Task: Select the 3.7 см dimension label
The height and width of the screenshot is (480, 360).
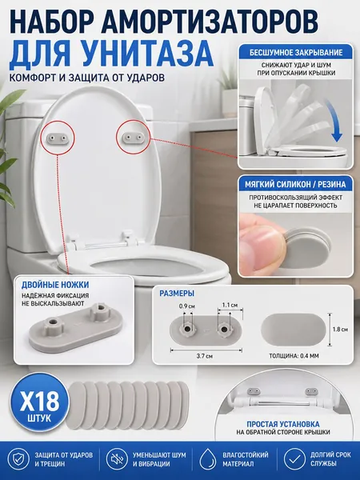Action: click(205, 356)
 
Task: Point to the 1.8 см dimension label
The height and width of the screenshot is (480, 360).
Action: click(340, 330)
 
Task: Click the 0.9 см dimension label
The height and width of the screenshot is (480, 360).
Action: click(187, 306)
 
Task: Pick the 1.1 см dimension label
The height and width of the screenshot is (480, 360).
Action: click(230, 305)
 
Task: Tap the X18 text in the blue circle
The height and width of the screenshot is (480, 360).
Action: click(40, 401)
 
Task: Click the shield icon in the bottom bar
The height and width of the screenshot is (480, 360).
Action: click(18, 459)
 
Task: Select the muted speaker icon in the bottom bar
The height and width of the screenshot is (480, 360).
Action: click(117, 459)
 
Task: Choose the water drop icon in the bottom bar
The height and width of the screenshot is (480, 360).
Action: click(207, 459)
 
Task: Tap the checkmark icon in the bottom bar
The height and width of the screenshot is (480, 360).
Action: click(294, 459)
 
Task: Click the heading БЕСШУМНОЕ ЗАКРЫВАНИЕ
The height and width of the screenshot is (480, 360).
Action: click(296, 52)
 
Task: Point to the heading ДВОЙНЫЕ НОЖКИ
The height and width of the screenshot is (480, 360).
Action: click(55, 285)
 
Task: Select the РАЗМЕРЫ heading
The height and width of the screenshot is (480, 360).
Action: click(177, 294)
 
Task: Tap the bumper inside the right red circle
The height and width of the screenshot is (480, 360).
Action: click(133, 137)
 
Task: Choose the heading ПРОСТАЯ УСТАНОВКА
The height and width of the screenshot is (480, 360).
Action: click(283, 424)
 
